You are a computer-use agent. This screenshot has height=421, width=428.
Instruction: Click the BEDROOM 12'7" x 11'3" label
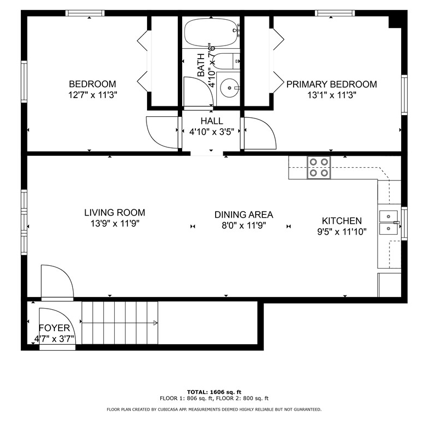(93, 89)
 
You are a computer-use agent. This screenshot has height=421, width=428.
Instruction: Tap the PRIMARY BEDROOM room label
(331, 84)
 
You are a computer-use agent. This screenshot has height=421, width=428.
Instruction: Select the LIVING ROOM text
(115, 212)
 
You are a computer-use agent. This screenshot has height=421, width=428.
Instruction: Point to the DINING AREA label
(244, 214)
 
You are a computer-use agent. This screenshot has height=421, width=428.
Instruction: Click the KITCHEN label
(342, 220)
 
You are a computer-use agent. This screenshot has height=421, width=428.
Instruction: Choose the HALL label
(212, 121)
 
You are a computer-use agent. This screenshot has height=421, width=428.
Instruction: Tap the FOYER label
(54, 328)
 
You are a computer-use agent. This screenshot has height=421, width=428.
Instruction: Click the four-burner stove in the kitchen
(319, 167)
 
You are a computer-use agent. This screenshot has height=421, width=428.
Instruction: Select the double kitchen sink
(388, 222)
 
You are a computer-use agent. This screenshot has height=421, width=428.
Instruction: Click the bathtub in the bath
(211, 32)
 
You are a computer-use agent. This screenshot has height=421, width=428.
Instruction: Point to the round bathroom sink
(229, 88)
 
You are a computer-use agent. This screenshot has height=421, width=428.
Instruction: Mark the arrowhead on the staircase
(155, 323)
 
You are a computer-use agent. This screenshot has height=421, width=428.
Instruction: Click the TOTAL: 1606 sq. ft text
(214, 392)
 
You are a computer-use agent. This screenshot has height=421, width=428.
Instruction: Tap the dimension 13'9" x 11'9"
(115, 224)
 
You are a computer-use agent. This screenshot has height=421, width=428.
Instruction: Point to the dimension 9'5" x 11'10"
(342, 232)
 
